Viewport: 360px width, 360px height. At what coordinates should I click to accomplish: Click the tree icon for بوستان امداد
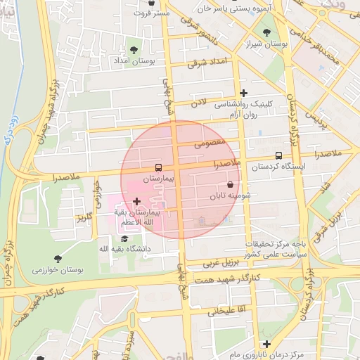134,49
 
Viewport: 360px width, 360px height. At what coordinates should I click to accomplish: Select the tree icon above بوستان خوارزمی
57,258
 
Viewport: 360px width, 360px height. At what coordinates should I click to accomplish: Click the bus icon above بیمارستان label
158,167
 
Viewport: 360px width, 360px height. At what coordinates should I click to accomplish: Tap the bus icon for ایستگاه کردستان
278,155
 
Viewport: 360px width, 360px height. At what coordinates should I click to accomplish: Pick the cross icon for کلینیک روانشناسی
243,93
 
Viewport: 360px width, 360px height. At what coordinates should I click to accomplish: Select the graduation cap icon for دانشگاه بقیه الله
115,238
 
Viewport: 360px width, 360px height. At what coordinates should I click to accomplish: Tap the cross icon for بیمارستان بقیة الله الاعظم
136,202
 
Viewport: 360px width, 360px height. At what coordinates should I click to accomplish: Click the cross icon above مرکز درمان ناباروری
266,344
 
